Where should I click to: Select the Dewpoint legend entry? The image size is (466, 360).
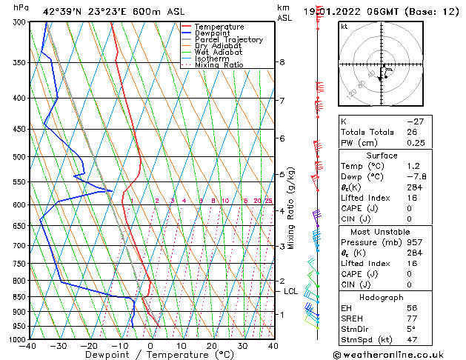click(x=213, y=33)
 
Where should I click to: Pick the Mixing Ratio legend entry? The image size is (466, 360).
click(x=219, y=65)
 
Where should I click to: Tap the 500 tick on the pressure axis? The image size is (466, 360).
click(x=20, y=157)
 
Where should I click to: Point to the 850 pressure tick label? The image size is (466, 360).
click(x=20, y=297)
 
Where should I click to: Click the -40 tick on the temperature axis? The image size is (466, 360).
click(x=28, y=346)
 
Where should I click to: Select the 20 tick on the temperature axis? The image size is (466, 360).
click(x=212, y=346)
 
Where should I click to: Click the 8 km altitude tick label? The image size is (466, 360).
click(x=282, y=62)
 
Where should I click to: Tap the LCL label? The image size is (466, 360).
click(x=291, y=292)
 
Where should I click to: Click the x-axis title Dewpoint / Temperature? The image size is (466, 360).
click(x=150, y=355)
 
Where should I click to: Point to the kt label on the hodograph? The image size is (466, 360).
click(x=344, y=27)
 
